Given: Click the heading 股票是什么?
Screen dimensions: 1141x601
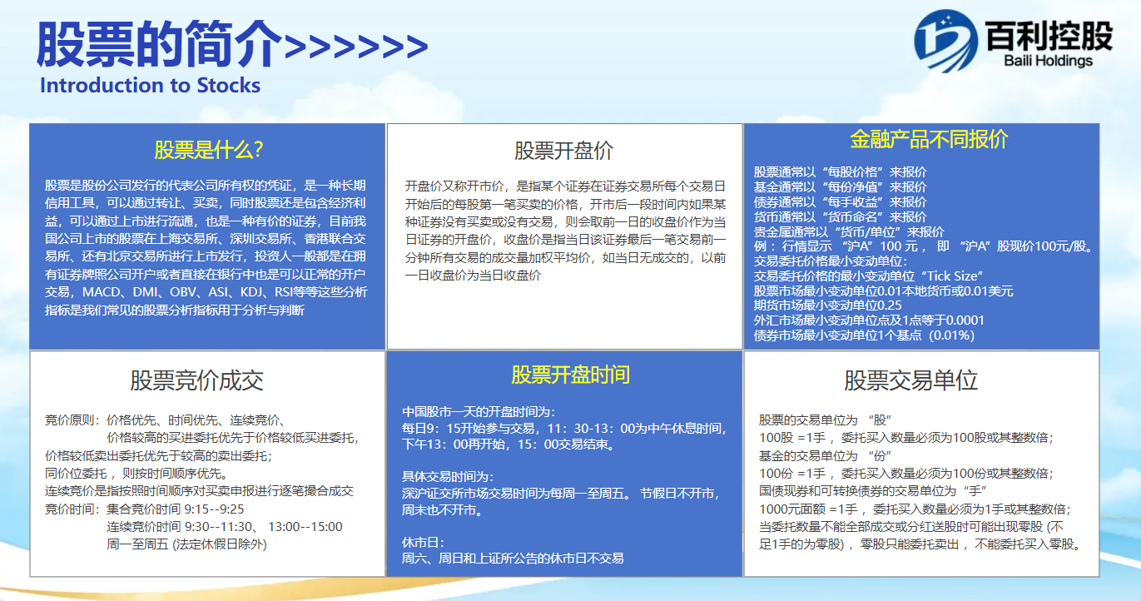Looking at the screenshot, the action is [x=208, y=150].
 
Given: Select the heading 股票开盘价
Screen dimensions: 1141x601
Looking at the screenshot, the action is [x=564, y=151].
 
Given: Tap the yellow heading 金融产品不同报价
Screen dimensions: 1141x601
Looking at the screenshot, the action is [x=929, y=139].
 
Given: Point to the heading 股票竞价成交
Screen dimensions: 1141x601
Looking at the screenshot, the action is [x=196, y=380].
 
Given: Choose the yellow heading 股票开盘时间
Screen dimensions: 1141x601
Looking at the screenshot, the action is [x=571, y=375].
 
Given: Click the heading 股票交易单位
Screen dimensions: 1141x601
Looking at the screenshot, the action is [x=910, y=380].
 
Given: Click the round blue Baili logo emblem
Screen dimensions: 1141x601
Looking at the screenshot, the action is [x=945, y=41].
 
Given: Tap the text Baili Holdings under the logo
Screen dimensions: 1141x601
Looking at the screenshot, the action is [x=1049, y=61].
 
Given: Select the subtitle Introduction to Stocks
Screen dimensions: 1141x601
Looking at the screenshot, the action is [x=151, y=86].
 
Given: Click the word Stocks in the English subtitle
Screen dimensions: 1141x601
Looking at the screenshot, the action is [x=229, y=86].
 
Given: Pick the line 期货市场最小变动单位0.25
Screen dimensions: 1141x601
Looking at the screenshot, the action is [x=828, y=305].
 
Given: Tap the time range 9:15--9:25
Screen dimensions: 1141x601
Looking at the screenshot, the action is [x=214, y=509].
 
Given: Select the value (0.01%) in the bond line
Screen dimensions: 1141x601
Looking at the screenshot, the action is [x=951, y=335].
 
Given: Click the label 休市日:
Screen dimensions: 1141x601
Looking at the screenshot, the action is [x=423, y=542].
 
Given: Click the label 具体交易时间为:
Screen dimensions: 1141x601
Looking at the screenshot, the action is [x=448, y=477].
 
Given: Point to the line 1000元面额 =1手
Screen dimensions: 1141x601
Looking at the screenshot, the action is [x=809, y=509].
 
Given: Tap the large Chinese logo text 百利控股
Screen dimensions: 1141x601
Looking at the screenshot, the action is [x=1049, y=36].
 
